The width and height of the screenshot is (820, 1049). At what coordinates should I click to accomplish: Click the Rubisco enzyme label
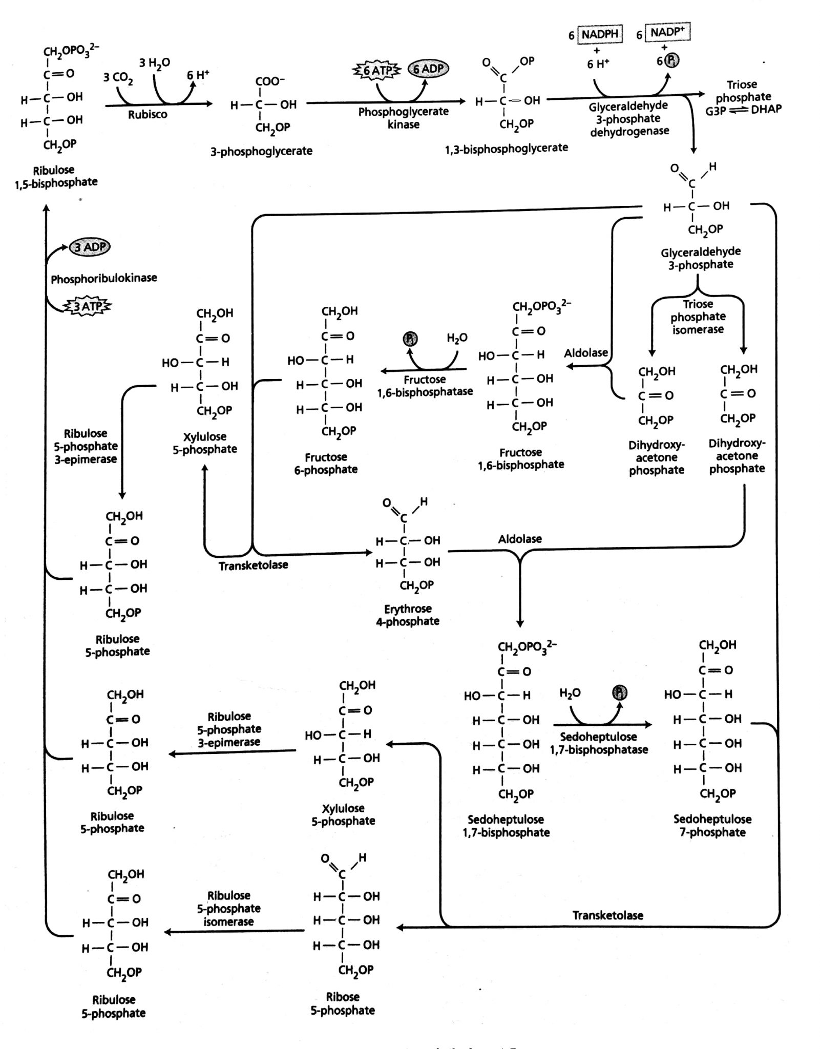(x=148, y=115)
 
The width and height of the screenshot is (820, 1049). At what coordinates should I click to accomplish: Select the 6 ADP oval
(x=428, y=69)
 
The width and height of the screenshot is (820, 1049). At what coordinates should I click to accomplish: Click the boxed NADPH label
(x=600, y=35)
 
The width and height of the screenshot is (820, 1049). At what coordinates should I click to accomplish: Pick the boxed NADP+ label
(x=668, y=32)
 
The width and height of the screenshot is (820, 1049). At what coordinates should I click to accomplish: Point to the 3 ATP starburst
(x=87, y=306)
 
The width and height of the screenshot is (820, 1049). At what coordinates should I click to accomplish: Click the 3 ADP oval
(x=90, y=247)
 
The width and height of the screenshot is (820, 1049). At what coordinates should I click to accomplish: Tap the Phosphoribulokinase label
(x=103, y=278)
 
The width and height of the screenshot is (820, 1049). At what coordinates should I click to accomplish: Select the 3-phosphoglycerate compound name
(x=261, y=151)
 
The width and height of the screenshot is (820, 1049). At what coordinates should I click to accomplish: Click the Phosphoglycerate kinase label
(x=403, y=118)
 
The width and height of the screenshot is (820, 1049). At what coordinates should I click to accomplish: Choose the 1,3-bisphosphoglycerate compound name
(x=506, y=148)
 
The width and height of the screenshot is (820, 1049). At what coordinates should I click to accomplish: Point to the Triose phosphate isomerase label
(x=698, y=317)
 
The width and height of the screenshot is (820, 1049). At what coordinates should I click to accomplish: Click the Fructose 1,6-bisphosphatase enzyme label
(x=425, y=386)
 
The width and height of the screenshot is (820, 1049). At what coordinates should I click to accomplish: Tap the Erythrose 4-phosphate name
(x=408, y=615)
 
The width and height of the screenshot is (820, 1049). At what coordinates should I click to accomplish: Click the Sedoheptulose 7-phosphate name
(x=712, y=825)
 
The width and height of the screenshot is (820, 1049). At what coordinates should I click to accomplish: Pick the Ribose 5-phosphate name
(x=342, y=1003)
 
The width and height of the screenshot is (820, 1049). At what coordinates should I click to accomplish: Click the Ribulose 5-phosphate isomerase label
(x=228, y=908)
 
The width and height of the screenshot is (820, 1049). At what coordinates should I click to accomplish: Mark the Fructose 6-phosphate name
(x=326, y=463)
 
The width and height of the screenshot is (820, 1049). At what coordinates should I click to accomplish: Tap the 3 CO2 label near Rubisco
(x=118, y=77)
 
